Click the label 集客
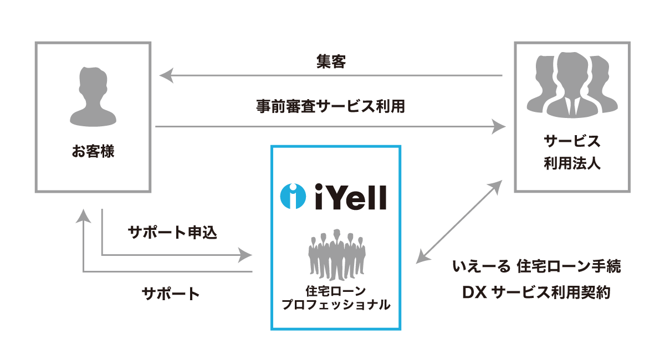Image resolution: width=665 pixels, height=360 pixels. (x=331, y=62)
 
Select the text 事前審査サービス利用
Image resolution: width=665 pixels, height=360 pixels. (x=331, y=106)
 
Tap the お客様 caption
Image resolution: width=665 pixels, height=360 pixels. (x=93, y=151)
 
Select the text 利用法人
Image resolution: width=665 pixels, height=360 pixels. (x=572, y=164)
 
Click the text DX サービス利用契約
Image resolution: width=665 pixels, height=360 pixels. (x=536, y=292)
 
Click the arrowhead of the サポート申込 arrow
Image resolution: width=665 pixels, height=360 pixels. (x=245, y=255)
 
